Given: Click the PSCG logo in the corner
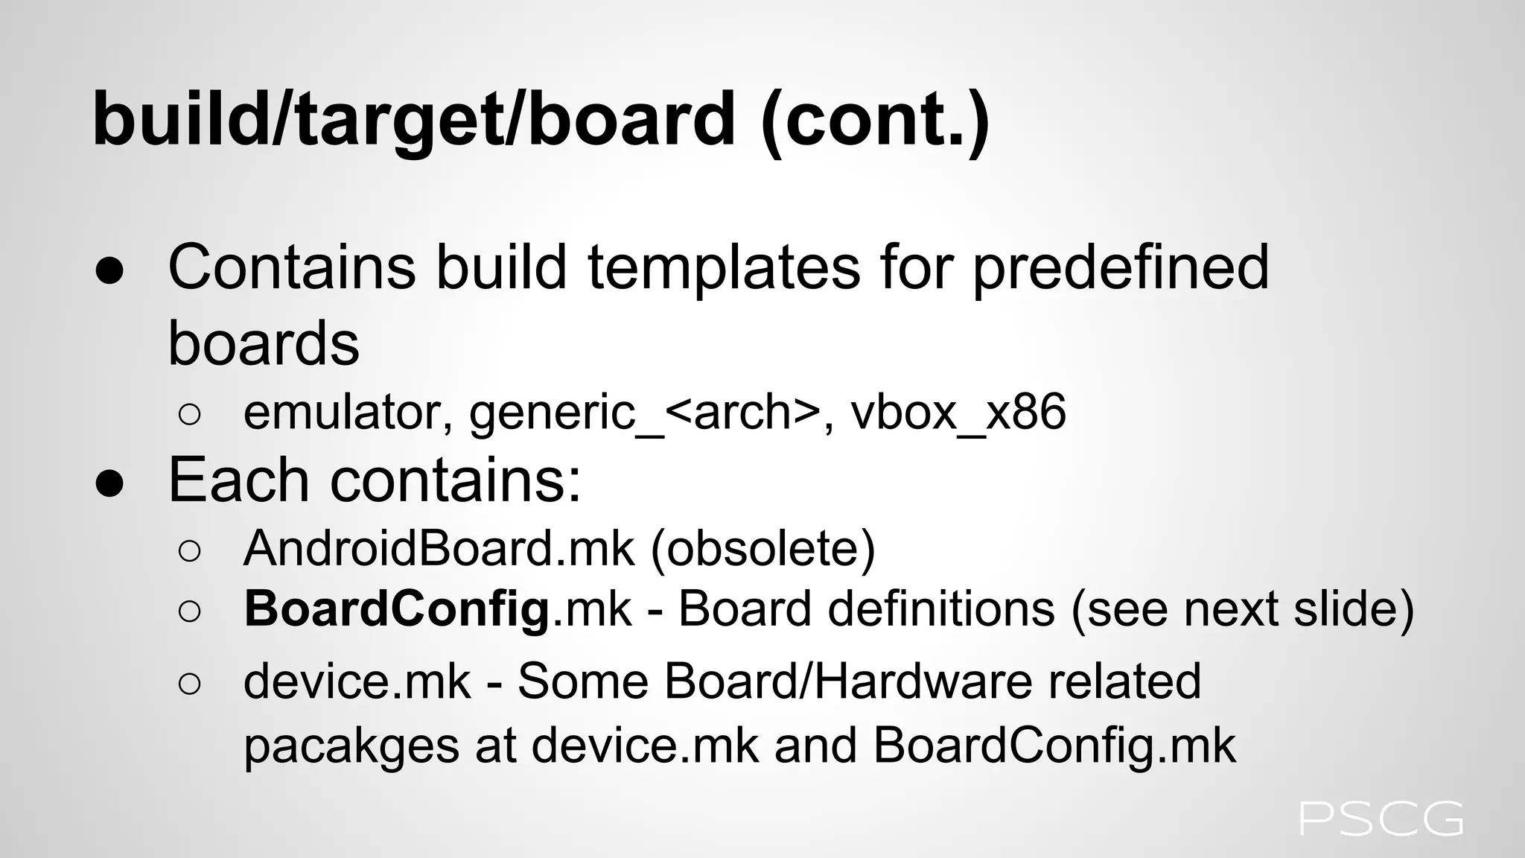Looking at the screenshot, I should [x=1381, y=819].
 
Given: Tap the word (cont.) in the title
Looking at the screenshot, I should [x=876, y=119].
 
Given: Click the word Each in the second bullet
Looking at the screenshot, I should [x=239, y=480].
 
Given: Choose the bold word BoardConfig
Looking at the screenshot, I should [x=397, y=609].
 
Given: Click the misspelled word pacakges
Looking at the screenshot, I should [x=351, y=745].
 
